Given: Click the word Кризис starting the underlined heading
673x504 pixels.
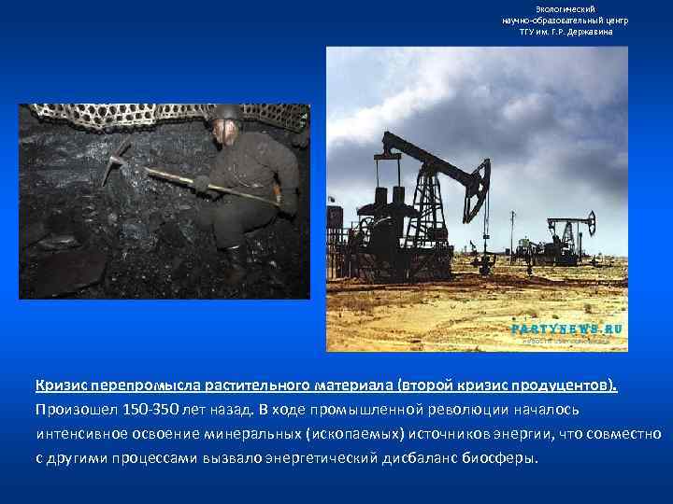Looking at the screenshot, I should (x=59, y=385).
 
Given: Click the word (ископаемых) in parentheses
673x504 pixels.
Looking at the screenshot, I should (x=342, y=434).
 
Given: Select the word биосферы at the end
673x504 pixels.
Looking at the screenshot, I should (x=504, y=459).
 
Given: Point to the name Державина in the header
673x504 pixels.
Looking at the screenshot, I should (x=592, y=31).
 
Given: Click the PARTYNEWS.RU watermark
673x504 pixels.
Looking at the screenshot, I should (x=567, y=329).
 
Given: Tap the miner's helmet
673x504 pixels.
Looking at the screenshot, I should (x=225, y=113).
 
